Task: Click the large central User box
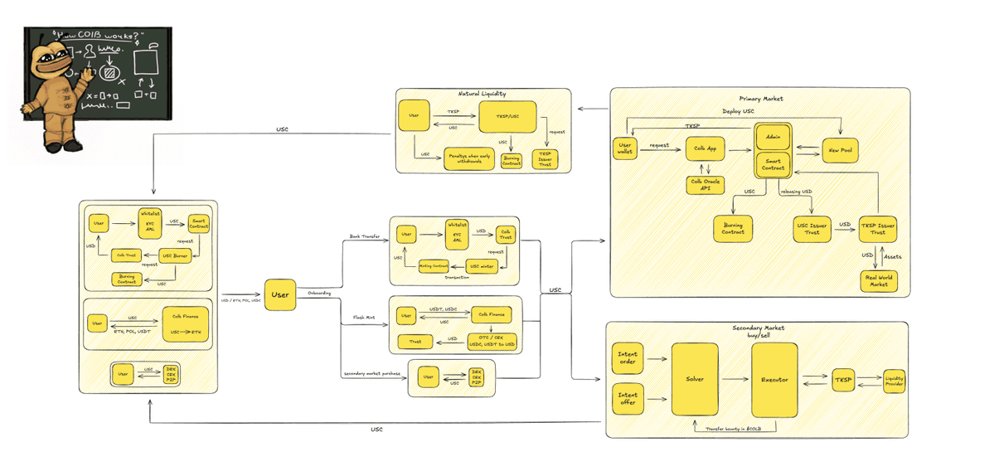pos(280,294)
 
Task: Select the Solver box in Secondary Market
pos(695,379)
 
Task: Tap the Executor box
pos(774,379)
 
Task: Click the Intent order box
pos(628,358)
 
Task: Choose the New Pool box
pos(839,149)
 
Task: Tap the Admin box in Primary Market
pos(773,136)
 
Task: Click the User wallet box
pos(624,148)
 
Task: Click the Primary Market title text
pos(760,99)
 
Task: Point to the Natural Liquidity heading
pos(482,95)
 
